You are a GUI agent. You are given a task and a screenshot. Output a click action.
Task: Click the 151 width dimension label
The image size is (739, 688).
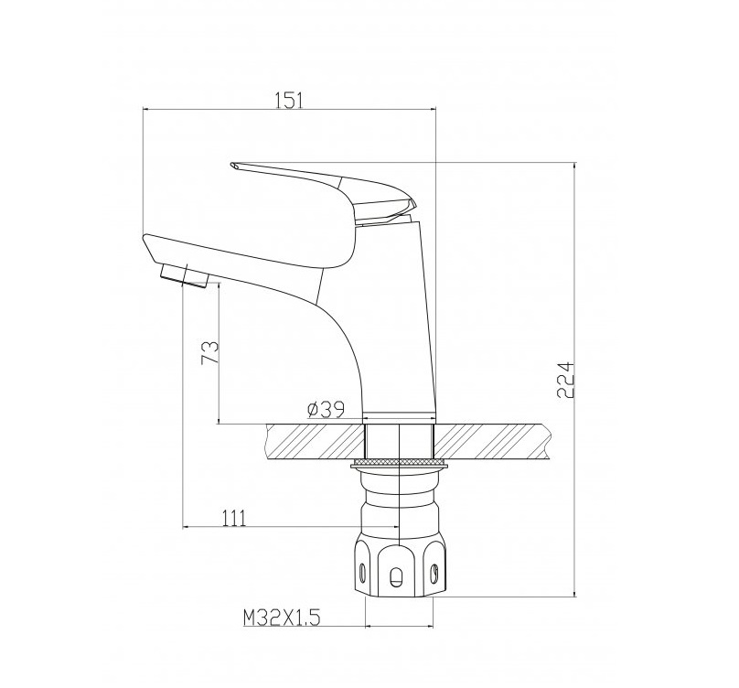[x=289, y=100]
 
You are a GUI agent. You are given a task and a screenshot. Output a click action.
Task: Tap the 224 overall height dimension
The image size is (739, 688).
[x=566, y=380]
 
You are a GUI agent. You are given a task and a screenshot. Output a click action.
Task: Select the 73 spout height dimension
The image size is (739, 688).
[x=210, y=352]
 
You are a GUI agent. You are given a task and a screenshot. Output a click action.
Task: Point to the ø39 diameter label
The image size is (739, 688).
[x=326, y=409]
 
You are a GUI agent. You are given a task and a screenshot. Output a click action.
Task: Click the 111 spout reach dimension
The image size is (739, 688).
[x=233, y=518]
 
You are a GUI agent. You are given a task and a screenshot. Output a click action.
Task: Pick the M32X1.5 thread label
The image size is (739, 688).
[x=282, y=617]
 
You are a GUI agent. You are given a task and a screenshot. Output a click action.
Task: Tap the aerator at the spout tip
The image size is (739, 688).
[x=184, y=276]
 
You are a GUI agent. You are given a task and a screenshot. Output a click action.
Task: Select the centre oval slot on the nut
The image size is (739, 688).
[x=395, y=575]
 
